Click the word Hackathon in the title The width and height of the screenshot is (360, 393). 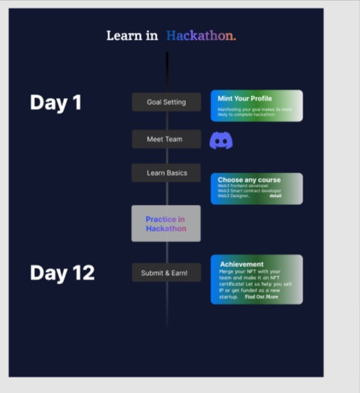(x=201, y=36)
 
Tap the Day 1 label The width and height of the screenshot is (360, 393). (x=56, y=102)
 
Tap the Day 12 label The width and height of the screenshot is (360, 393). (x=62, y=272)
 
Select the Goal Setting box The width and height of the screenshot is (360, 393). (x=166, y=102)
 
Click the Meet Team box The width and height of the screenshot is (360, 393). (x=166, y=139)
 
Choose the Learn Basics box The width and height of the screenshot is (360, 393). (x=166, y=173)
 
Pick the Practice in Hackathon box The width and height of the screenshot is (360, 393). (x=166, y=224)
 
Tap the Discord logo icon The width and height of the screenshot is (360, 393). (x=221, y=141)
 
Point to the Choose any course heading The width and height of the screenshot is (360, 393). (x=249, y=180)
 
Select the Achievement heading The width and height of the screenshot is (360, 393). (x=241, y=264)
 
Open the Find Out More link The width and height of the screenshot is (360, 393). (x=261, y=297)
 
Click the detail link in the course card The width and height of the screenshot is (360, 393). (x=275, y=196)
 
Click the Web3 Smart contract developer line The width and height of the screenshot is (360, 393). (x=249, y=191)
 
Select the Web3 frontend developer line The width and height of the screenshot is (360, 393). (x=243, y=186)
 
